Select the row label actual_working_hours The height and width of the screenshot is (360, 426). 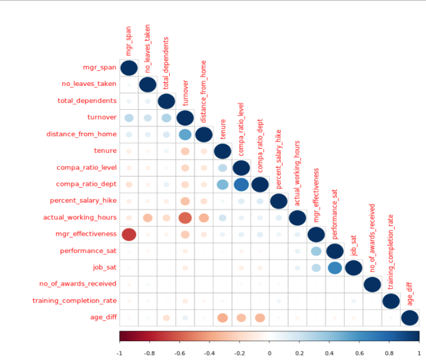(x=80, y=217)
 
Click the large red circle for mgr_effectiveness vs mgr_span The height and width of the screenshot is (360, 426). (x=129, y=234)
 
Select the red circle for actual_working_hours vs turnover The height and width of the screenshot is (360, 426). (x=185, y=217)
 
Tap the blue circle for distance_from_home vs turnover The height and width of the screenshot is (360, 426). (x=185, y=134)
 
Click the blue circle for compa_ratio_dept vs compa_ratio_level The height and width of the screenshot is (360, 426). (x=241, y=184)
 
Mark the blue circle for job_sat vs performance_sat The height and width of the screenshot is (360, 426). (x=335, y=267)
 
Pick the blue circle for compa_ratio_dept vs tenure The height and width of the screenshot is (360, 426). (x=222, y=184)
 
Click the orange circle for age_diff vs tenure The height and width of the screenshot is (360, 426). (x=222, y=317)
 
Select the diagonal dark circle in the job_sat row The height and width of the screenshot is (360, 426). (x=353, y=267)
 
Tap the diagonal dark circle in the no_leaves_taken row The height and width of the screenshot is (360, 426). (x=148, y=84)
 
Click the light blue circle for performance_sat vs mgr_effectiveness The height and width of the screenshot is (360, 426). (x=316, y=251)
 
